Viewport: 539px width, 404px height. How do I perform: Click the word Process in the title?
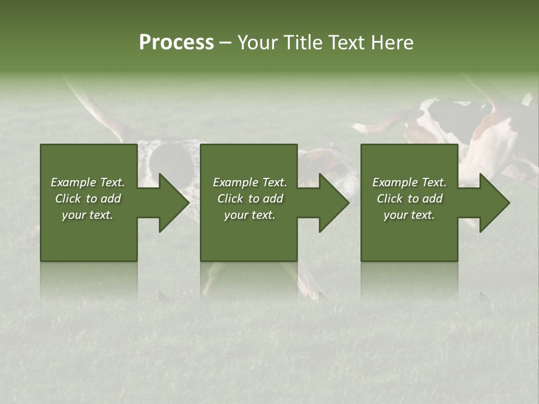pos(176,43)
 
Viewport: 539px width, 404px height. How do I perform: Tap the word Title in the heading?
pos(303,43)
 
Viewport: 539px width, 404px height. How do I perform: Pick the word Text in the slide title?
pos(346,43)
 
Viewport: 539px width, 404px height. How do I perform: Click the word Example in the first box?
pos(73,182)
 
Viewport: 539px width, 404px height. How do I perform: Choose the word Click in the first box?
pos(68,199)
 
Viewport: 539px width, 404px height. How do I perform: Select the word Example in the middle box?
pos(235,182)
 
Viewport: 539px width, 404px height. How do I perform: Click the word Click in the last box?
pos(390,199)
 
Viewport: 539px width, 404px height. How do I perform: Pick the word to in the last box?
pos(413,199)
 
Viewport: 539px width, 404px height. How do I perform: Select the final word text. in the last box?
pos(422,215)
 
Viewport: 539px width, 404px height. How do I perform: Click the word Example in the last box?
pos(395,182)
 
